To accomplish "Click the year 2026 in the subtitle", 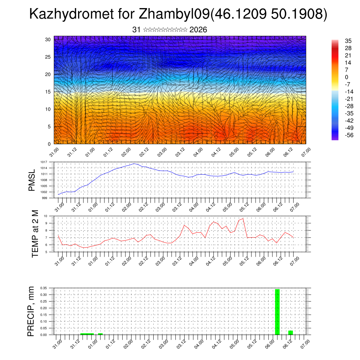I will tap(198, 30).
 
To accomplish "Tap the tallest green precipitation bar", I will tap(277, 311).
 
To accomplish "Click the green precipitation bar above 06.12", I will tap(290, 332).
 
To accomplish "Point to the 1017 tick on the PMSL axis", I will tap(44, 162).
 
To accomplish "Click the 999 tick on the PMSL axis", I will tap(45, 198).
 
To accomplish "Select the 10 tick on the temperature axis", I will tap(46, 216).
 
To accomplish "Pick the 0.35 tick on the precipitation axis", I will tap(43, 288).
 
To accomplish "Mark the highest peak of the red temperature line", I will tap(243, 218).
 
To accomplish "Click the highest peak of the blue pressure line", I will tap(134, 163).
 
